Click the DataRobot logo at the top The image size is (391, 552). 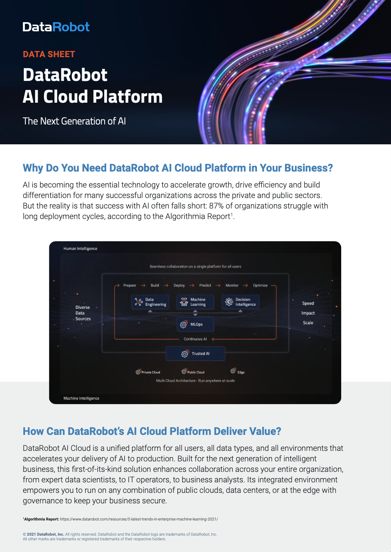(x=56, y=27)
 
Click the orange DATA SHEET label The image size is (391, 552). (x=49, y=54)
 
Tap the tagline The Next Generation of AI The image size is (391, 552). (x=74, y=121)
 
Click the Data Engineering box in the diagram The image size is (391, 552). (x=150, y=302)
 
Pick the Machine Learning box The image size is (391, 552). (x=195, y=302)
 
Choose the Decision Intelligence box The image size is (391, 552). (x=240, y=302)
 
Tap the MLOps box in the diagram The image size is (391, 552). (x=195, y=324)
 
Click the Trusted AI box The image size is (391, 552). (x=195, y=354)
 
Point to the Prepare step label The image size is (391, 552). (x=130, y=286)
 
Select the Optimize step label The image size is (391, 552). (x=260, y=286)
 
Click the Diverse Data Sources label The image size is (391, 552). (x=82, y=313)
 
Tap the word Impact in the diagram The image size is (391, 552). (x=308, y=313)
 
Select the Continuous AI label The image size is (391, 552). (x=195, y=339)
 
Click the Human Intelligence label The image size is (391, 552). (x=80, y=249)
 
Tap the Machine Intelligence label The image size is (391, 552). (x=81, y=398)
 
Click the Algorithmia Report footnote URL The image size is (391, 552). (x=139, y=519)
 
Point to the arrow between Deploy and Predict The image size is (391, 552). (x=192, y=286)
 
